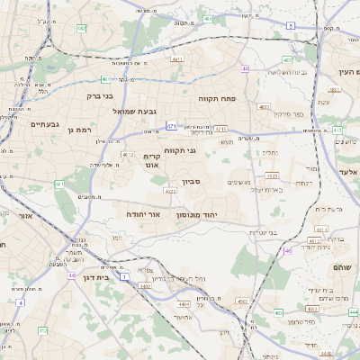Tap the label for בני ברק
click(x=100, y=94)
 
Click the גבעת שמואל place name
click(x=134, y=111)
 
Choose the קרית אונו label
click(x=152, y=161)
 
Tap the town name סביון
click(x=192, y=182)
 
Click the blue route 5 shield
click(x=290, y=26)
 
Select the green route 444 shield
click(x=352, y=310)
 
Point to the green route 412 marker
click(x=41, y=331)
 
